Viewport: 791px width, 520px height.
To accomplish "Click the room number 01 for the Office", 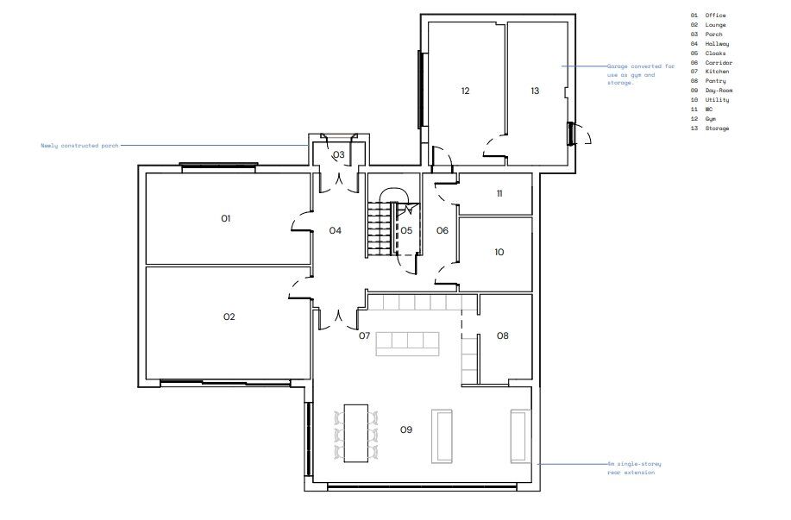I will (226, 219).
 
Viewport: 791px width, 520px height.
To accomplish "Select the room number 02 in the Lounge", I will (229, 316).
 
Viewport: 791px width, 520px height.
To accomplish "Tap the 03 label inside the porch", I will (339, 155).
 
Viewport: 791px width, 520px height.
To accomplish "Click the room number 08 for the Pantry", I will (503, 335).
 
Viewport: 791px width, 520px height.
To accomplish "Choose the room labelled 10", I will (499, 253).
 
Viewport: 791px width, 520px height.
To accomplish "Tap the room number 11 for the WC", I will (499, 194).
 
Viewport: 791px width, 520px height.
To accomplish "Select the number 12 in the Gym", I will (465, 91).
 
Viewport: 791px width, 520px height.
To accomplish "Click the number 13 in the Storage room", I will (535, 91).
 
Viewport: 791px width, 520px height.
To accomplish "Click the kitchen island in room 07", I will (408, 342).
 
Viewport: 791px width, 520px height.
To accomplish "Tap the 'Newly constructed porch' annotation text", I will (79, 146).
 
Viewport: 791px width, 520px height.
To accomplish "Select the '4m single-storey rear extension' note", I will (635, 468).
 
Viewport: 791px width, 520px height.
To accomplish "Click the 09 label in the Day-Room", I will (406, 429).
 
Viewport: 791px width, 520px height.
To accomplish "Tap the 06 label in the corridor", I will (443, 230).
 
